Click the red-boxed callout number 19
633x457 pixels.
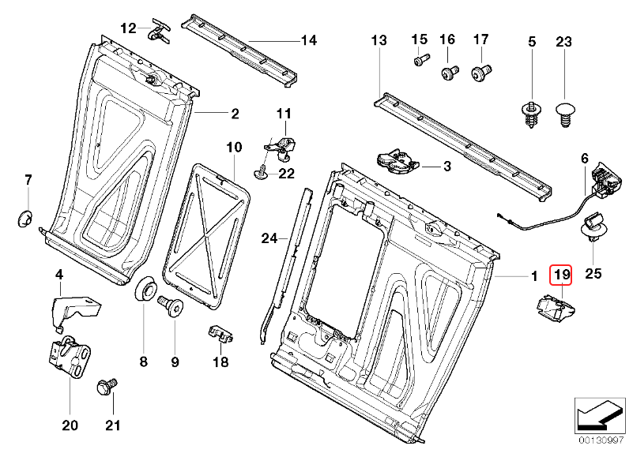click(x=561, y=275)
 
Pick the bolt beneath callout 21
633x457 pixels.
click(x=104, y=388)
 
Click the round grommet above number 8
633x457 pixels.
click(x=145, y=290)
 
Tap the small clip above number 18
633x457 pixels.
click(x=220, y=335)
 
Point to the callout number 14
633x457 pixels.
click(x=307, y=39)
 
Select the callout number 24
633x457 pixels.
click(x=270, y=237)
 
